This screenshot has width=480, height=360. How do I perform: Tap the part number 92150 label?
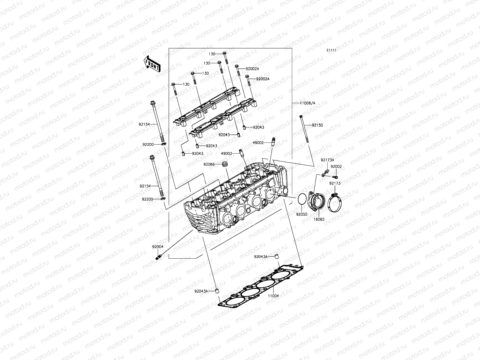point(317,125)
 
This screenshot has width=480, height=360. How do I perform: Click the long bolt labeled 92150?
point(304,132)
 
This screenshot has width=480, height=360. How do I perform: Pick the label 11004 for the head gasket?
point(273,296)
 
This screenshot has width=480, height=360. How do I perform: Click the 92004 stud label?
point(157,247)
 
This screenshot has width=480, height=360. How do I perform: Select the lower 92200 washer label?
point(148,199)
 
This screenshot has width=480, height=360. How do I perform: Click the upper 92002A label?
point(261,69)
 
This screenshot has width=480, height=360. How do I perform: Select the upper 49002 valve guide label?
point(258,143)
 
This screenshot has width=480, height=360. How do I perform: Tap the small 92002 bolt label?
point(336,166)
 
